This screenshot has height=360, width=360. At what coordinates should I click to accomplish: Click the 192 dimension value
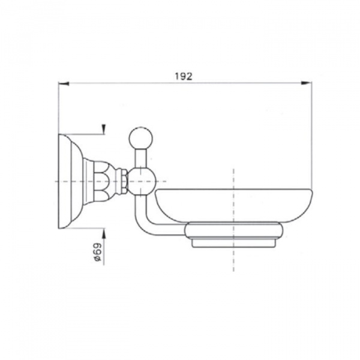click(184, 76)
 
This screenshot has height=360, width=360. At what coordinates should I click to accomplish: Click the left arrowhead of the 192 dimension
click(64, 83)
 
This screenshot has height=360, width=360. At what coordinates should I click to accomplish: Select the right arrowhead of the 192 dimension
click(306, 83)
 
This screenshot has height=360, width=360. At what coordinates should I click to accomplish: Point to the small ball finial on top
click(141, 138)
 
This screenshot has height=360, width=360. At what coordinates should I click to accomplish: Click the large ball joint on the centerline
click(142, 181)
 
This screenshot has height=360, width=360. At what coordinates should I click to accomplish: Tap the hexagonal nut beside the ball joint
click(124, 181)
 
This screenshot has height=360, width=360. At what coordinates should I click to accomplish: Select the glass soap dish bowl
click(233, 205)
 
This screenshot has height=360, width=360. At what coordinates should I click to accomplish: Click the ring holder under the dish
click(234, 231)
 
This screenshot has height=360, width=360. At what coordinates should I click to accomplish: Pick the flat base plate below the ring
click(233, 244)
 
